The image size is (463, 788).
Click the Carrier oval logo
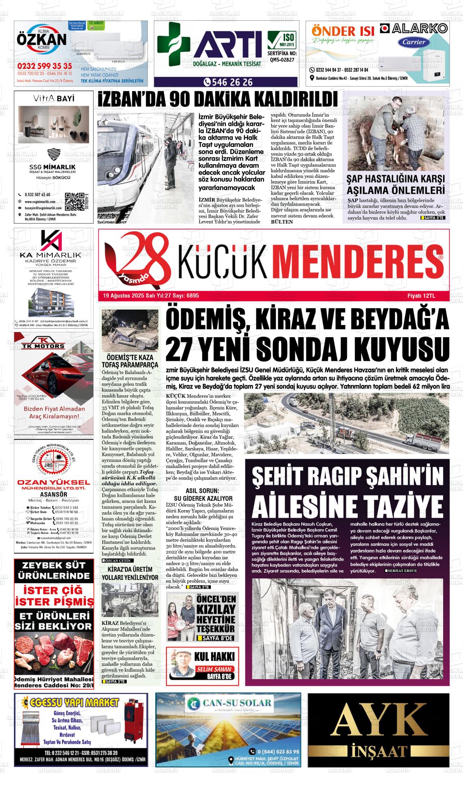414,41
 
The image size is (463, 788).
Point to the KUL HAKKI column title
215,657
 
